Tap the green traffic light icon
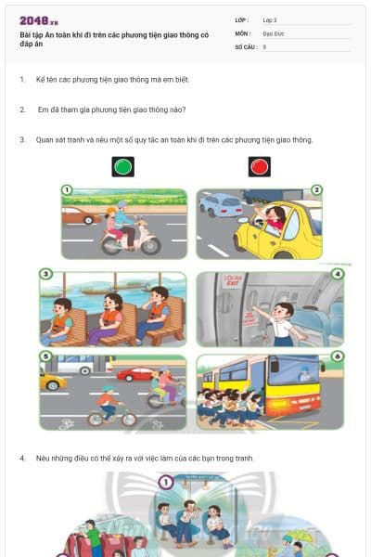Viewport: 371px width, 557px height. pyautogui.click(x=122, y=167)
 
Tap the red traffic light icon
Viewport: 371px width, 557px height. pyautogui.click(x=259, y=167)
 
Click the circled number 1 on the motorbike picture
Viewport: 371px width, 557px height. pyautogui.click(x=66, y=190)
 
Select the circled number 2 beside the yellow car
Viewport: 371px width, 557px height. pyautogui.click(x=316, y=190)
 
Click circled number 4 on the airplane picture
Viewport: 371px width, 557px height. pyautogui.click(x=337, y=274)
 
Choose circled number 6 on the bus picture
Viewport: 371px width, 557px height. pyautogui.click(x=337, y=356)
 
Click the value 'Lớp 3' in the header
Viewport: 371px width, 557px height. pyautogui.click(x=270, y=19)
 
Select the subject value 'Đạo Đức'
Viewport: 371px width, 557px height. pyautogui.click(x=274, y=32)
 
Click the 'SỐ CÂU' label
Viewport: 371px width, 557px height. pyautogui.click(x=245, y=45)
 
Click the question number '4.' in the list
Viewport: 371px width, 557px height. pyautogui.click(x=22, y=459)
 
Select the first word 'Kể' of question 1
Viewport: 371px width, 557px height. pyautogui.click(x=40, y=80)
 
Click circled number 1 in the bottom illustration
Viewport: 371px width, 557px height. pyautogui.click(x=165, y=482)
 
